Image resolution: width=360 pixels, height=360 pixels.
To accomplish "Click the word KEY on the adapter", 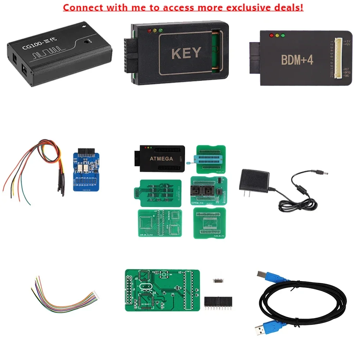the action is (186, 53).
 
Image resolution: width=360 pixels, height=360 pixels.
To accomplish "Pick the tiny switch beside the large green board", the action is (218, 280).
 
